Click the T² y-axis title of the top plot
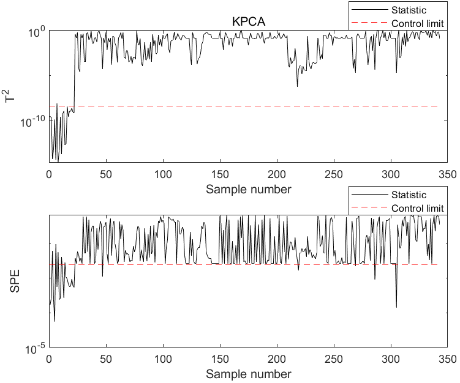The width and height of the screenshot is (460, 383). [10, 95]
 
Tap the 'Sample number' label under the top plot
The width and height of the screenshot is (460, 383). [248, 189]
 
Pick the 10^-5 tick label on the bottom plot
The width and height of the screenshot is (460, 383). [34, 349]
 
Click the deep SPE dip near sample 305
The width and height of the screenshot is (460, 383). [396, 307]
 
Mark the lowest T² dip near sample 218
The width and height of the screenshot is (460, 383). [298, 86]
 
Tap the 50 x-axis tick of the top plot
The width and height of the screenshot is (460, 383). [107, 174]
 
